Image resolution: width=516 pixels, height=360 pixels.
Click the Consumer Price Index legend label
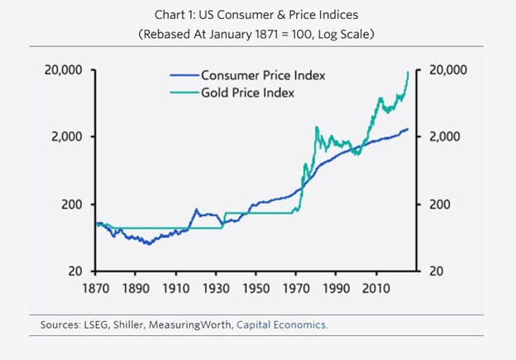[263, 75]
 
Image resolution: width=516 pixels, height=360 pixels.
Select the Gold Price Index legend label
[247, 93]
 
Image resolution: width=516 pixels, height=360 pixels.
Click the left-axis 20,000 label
[64, 70]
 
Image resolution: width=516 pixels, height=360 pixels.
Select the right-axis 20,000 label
[447, 70]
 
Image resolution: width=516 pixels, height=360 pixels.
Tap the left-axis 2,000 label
[67, 137]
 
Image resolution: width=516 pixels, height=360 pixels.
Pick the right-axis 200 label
[439, 204]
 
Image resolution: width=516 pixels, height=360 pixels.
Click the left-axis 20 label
[75, 271]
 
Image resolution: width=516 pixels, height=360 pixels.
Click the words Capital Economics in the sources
[282, 325]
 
